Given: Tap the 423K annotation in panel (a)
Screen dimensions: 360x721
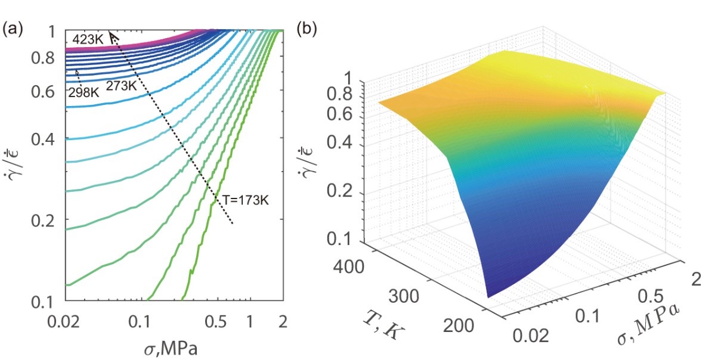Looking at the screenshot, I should click(x=86, y=39).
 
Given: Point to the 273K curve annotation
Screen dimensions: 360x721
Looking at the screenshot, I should click(x=122, y=86).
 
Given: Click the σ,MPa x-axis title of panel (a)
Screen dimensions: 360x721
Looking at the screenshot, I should click(x=174, y=347).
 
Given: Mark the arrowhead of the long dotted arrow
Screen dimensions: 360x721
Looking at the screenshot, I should click(x=112, y=36).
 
